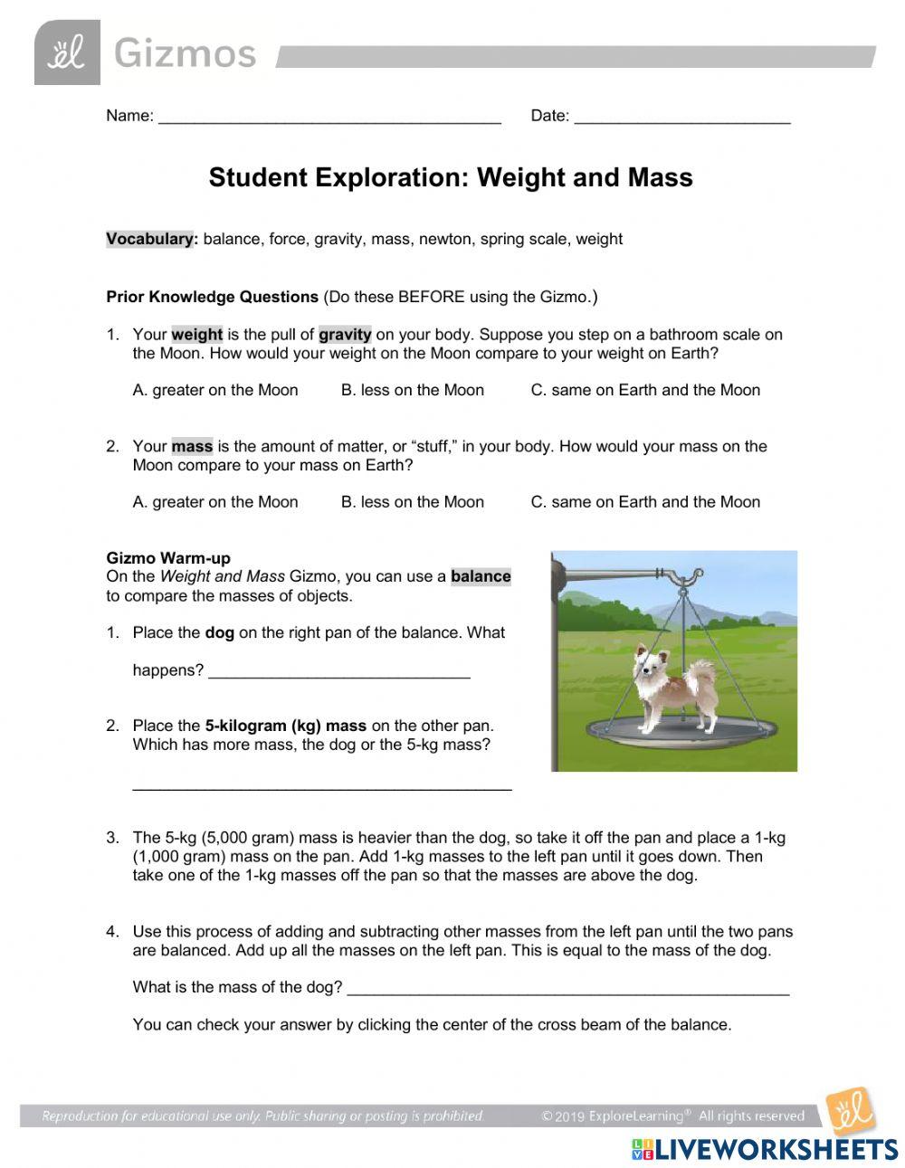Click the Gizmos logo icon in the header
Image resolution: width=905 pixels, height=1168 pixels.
(66, 53)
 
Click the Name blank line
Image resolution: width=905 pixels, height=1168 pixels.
(329, 119)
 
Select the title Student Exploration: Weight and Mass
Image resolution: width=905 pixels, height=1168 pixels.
(451, 177)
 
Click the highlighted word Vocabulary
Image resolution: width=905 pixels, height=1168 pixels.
(151, 239)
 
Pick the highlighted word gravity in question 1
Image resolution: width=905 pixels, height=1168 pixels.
(345, 334)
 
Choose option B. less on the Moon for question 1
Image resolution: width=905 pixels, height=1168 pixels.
(413, 390)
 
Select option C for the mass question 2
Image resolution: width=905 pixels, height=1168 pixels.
(645, 502)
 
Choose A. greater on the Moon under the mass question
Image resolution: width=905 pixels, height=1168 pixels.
(215, 502)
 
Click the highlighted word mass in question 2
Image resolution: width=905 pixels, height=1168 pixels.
(192, 446)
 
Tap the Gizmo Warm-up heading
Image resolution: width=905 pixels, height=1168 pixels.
(168, 558)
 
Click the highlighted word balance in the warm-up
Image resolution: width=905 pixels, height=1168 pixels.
(481, 576)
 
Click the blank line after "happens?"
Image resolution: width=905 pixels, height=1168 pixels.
(338, 672)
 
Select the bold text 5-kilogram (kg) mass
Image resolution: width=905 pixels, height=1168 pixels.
(286, 726)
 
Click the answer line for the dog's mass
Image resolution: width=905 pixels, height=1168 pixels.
(567, 989)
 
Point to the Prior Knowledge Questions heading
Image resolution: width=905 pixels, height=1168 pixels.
(212, 297)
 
